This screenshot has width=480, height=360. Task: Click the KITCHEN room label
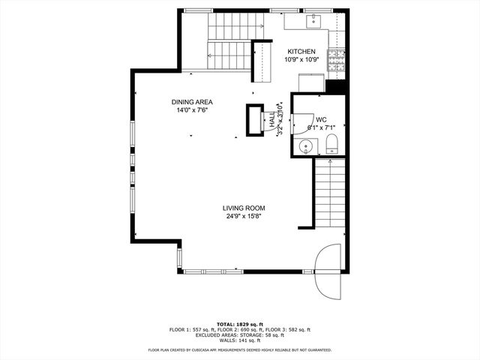tap(301, 51)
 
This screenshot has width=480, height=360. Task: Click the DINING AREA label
tap(191, 101)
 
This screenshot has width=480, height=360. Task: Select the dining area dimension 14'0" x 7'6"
tap(191, 109)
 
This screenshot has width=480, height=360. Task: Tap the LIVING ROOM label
tap(244, 208)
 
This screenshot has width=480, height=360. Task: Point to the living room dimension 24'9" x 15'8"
tap(244, 216)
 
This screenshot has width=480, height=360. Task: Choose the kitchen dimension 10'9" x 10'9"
tap(301, 59)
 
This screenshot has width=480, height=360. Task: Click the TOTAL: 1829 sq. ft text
tap(240, 325)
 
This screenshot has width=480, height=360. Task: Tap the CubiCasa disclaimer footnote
tap(240, 349)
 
